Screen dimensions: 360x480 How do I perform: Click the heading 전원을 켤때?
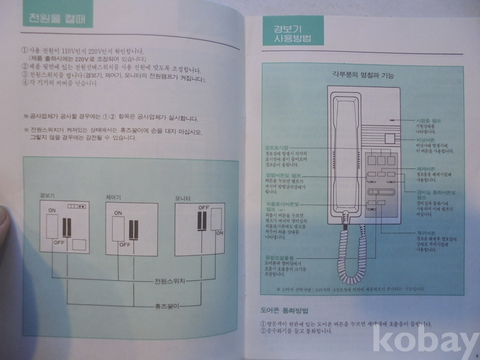57,20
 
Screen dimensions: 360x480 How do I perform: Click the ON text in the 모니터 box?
219,233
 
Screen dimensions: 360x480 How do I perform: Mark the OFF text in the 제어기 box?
125,244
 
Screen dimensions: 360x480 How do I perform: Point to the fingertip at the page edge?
5,226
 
